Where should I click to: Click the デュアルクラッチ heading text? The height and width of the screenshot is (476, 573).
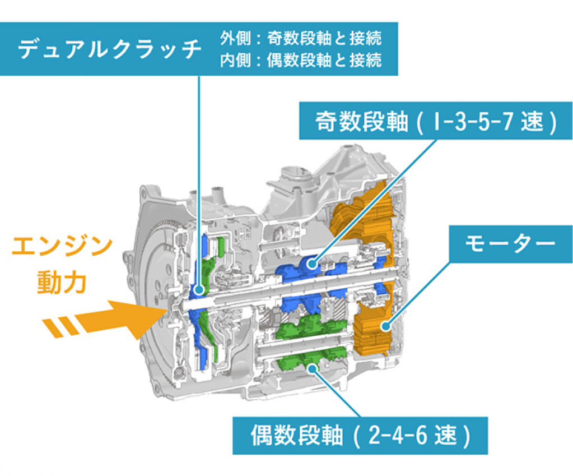click(110, 49)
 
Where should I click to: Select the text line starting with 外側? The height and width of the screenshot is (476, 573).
click(301, 39)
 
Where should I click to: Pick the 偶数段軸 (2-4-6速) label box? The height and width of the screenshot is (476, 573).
click(360, 435)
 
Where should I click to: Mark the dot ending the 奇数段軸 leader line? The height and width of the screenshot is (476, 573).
click(313, 262)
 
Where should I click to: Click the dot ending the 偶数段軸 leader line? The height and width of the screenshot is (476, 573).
click(312, 368)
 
